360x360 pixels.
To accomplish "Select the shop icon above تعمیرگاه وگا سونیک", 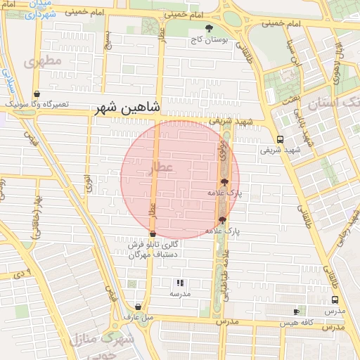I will click(37, 94).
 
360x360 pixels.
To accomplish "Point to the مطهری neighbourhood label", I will click(43, 62).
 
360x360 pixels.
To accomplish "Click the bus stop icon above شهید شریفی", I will click(281, 139).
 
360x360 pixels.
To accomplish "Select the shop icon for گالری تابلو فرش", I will click(153, 234).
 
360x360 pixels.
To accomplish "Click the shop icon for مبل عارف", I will click(138, 307).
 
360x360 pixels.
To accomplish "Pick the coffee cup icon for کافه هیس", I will click(296, 311).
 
